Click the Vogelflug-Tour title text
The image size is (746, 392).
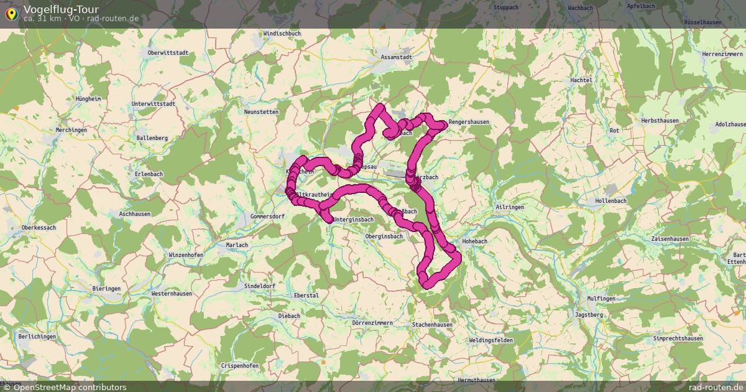60,9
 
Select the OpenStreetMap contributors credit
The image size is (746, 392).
70,387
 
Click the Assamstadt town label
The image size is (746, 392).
396,57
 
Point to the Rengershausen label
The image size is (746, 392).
469,122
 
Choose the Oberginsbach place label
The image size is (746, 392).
384,236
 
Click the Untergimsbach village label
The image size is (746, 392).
353,220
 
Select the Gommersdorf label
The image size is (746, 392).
267,217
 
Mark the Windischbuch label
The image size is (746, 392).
282,33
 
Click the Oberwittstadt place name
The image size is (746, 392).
168,53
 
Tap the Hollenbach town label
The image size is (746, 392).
610,201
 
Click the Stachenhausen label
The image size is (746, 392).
432,325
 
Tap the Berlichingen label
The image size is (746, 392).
37,337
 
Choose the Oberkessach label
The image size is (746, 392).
39,228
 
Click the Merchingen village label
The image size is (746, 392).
71,130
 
